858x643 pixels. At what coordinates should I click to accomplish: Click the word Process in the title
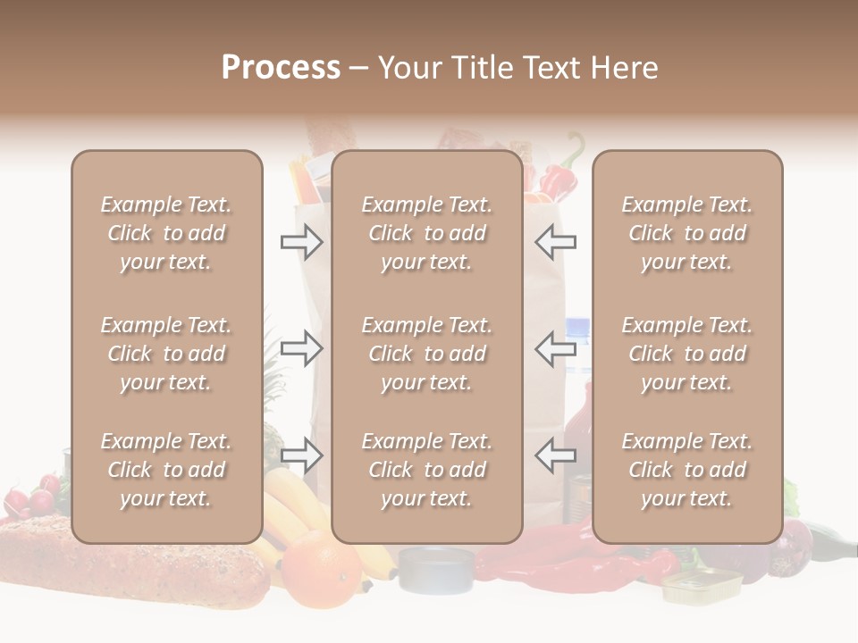click(x=281, y=68)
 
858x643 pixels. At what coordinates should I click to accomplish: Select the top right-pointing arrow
click(x=301, y=242)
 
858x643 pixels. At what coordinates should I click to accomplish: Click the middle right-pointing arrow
click(x=301, y=348)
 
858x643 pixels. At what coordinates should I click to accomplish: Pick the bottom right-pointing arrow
click(x=301, y=455)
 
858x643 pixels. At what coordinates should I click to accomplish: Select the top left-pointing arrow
click(x=556, y=242)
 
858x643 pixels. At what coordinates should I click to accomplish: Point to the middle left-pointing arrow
click(x=556, y=348)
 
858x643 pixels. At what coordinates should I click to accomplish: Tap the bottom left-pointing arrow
click(x=556, y=455)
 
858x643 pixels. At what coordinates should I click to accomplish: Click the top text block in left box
click(x=166, y=233)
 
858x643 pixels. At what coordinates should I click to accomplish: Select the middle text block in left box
click(x=166, y=354)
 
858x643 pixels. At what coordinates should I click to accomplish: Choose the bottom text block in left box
click(x=166, y=470)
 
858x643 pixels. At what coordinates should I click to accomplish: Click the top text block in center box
click(x=427, y=233)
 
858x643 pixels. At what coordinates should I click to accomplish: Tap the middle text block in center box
click(x=427, y=354)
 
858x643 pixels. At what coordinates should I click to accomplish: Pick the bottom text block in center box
click(x=427, y=470)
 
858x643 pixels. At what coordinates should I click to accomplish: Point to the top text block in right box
click(x=687, y=233)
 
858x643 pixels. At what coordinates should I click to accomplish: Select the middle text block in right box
click(x=687, y=354)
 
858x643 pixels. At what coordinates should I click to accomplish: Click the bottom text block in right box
click(x=687, y=470)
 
